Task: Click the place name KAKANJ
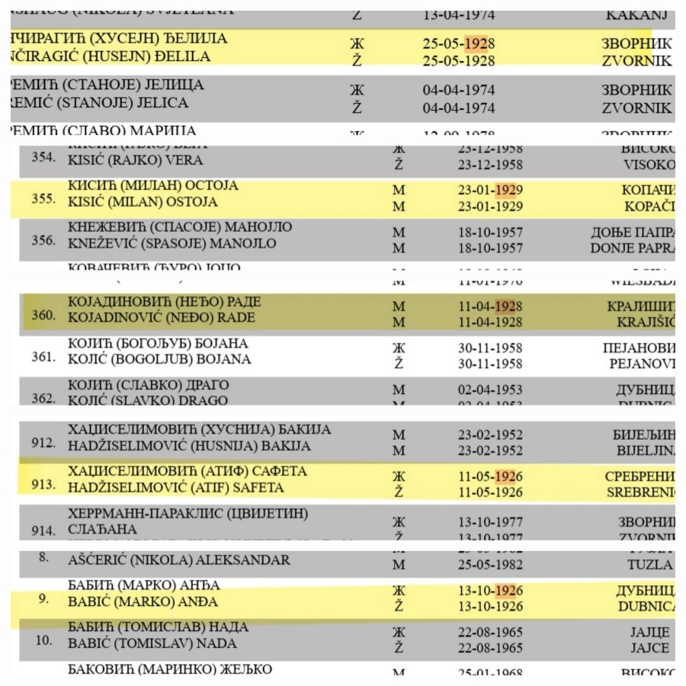coord(638,14)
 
